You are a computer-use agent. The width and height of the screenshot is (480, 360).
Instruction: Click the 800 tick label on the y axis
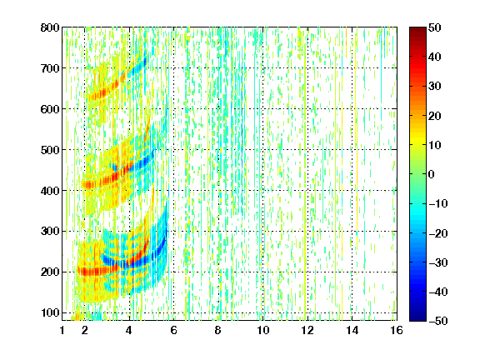tap(50, 27)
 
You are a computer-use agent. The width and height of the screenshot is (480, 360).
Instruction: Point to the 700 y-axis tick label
tap(50, 68)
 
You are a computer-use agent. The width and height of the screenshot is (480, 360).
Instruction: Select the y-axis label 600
tap(50, 109)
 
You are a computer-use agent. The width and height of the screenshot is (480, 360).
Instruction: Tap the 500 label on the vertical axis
tap(50, 150)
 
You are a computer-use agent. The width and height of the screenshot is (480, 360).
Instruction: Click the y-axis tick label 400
tap(50, 191)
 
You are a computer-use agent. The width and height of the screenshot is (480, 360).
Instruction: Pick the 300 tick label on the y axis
tap(50, 231)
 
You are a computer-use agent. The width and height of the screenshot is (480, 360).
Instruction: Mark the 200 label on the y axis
tap(50, 272)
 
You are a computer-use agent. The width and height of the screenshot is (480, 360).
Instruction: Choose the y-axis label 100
tap(50, 312)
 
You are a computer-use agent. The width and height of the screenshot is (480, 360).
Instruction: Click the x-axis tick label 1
tap(62, 330)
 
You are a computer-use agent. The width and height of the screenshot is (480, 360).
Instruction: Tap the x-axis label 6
tap(173, 330)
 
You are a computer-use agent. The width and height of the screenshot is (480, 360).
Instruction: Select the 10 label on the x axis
tap(262, 330)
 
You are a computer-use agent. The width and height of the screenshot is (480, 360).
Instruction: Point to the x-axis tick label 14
tap(352, 330)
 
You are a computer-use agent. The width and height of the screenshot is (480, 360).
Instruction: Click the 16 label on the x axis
tap(397, 330)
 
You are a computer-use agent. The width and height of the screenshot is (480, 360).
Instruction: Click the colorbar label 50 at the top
tap(434, 27)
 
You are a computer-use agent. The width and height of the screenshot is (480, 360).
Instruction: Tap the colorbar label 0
tap(432, 174)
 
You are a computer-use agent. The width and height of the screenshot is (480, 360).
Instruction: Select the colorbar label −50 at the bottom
tap(438, 321)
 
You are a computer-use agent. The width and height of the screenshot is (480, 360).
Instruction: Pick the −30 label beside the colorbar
tap(438, 262)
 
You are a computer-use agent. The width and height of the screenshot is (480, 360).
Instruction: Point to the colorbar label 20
tap(434, 116)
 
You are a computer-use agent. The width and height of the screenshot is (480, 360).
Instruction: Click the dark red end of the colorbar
tap(417, 30)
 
